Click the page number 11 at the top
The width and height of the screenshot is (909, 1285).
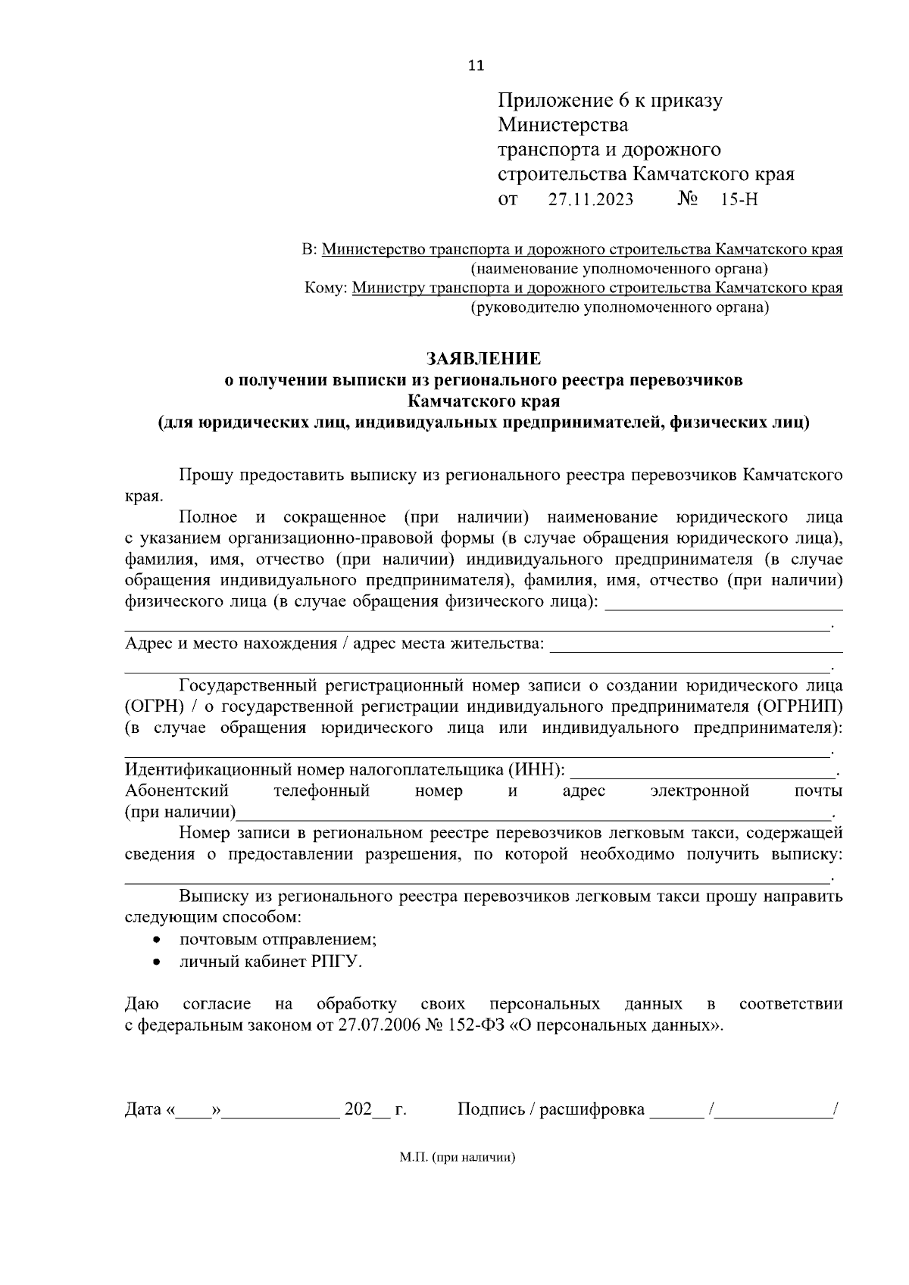(476, 65)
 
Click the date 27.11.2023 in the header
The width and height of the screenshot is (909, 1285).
(591, 200)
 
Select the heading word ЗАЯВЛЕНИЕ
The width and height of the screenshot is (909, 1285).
(483, 358)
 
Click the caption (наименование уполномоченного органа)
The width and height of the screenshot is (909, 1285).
(619, 269)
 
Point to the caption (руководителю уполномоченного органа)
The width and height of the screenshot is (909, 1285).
(619, 307)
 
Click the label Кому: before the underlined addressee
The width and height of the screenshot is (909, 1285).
(326, 289)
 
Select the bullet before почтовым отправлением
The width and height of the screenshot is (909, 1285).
(157, 940)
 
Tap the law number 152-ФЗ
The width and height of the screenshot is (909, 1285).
(482, 1026)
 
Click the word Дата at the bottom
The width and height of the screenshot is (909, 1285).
(142, 1110)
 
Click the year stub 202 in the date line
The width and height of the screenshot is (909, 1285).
(358, 1110)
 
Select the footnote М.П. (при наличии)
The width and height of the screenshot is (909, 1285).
(457, 1158)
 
